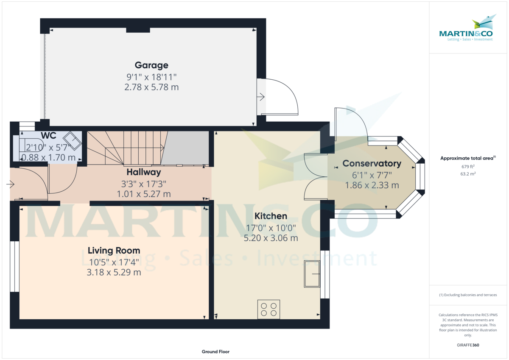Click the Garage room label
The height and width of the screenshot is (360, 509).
tap(151, 65)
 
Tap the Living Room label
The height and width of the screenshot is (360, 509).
tap(114, 251)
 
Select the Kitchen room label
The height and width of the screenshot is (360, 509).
tap(271, 216)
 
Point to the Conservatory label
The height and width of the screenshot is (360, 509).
tap(372, 164)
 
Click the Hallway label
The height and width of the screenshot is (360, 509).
tap(144, 172)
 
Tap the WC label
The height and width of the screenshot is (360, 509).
tap(48, 136)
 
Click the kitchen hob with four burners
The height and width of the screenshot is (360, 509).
tap(269, 309)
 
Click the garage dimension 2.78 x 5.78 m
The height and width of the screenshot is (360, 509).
tap(151, 87)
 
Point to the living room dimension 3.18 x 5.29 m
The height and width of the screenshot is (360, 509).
tap(114, 272)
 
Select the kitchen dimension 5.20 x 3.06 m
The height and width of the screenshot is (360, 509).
tap(271, 238)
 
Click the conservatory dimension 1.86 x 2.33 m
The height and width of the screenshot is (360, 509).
tap(372, 185)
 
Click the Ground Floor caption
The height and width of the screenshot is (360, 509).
tap(215, 352)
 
